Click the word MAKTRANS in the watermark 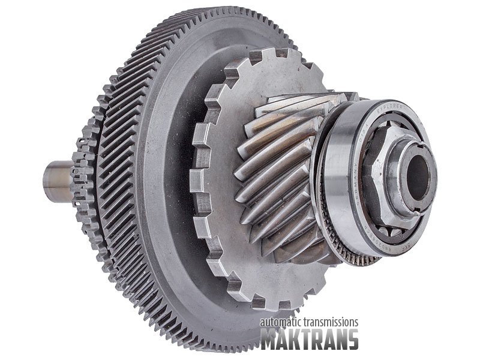[x=309, y=339]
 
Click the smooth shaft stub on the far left [x=56, y=180]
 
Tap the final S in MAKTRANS [x=352, y=339]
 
